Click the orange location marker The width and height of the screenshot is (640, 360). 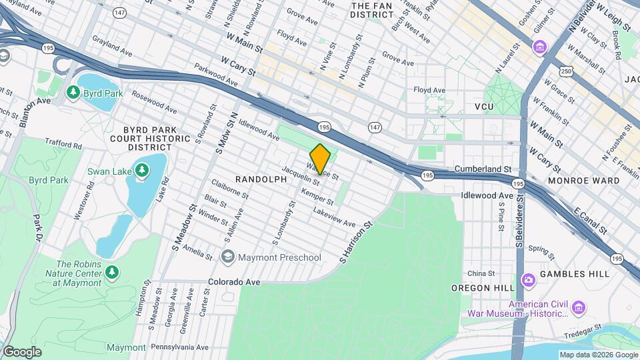[x=320, y=159]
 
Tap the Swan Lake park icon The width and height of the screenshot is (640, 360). [x=142, y=171]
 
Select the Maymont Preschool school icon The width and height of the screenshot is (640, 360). [x=228, y=257]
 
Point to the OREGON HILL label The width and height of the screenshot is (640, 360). [x=483, y=287]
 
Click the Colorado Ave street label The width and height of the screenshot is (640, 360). [x=234, y=282]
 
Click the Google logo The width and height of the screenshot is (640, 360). [x=22, y=351]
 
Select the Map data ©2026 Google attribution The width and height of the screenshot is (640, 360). [x=597, y=355]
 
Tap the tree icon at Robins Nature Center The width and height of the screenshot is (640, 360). [x=112, y=271]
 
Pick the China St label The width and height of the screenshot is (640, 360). [x=481, y=273]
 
